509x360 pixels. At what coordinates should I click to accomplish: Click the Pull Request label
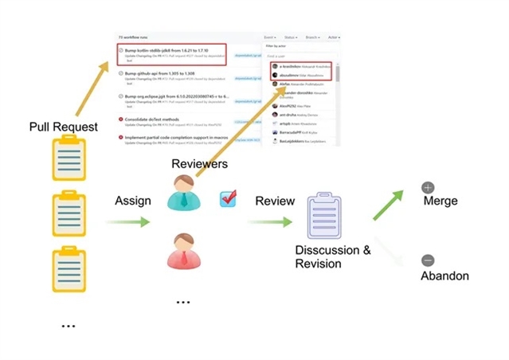point(64,127)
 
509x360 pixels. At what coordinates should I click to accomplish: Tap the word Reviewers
point(200,164)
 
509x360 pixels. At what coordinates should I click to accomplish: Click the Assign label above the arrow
point(133,201)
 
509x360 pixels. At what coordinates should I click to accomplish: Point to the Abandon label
point(444,276)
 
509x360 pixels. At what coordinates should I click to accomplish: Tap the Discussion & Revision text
point(333,256)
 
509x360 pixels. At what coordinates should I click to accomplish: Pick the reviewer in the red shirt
point(184,251)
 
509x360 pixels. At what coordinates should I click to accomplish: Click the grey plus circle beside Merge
point(428,188)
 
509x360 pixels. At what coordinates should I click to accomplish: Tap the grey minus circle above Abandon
point(428,260)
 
